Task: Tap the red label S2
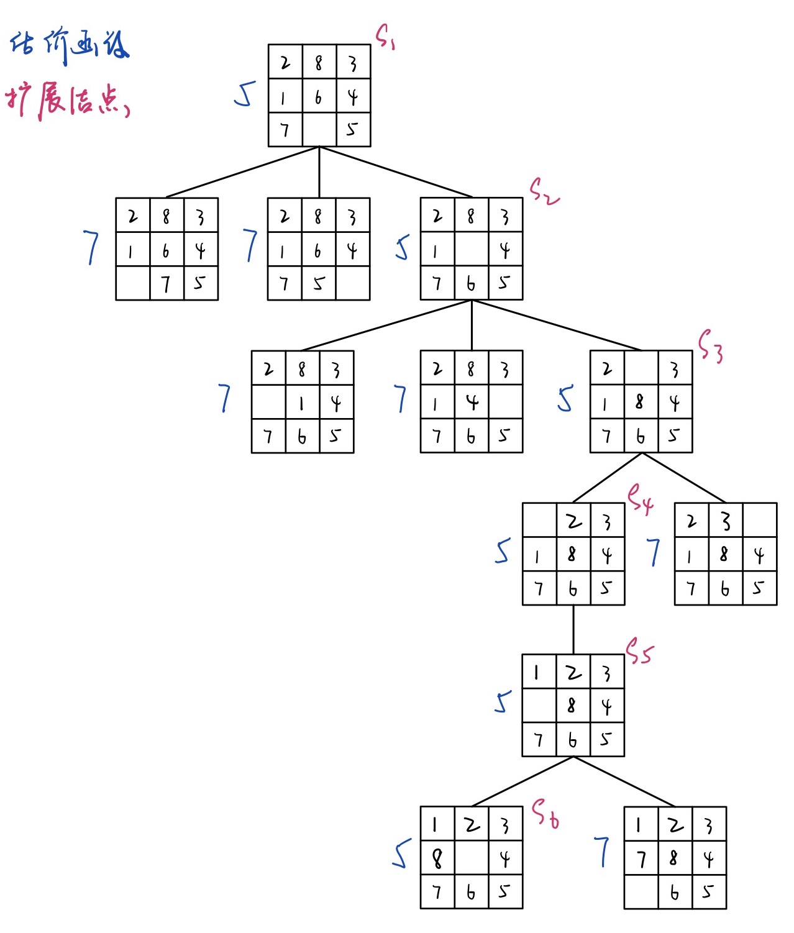tap(543, 191)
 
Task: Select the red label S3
tap(710, 345)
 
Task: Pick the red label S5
tap(639, 651)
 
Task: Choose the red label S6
tap(545, 814)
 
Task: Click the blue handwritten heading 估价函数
tap(69, 46)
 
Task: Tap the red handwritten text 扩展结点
tap(67, 101)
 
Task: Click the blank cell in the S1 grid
tap(319, 129)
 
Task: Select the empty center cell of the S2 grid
tap(472, 249)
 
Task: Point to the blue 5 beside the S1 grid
tap(245, 94)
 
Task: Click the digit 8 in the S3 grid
tap(639, 402)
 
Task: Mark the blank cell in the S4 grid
tap(539, 520)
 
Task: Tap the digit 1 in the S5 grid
tap(537, 672)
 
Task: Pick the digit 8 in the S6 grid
tap(437, 858)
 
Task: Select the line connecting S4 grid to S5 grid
tap(573, 629)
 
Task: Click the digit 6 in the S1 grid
tap(319, 97)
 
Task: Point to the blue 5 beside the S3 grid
tap(565, 399)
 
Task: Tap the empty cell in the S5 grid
tap(539, 706)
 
